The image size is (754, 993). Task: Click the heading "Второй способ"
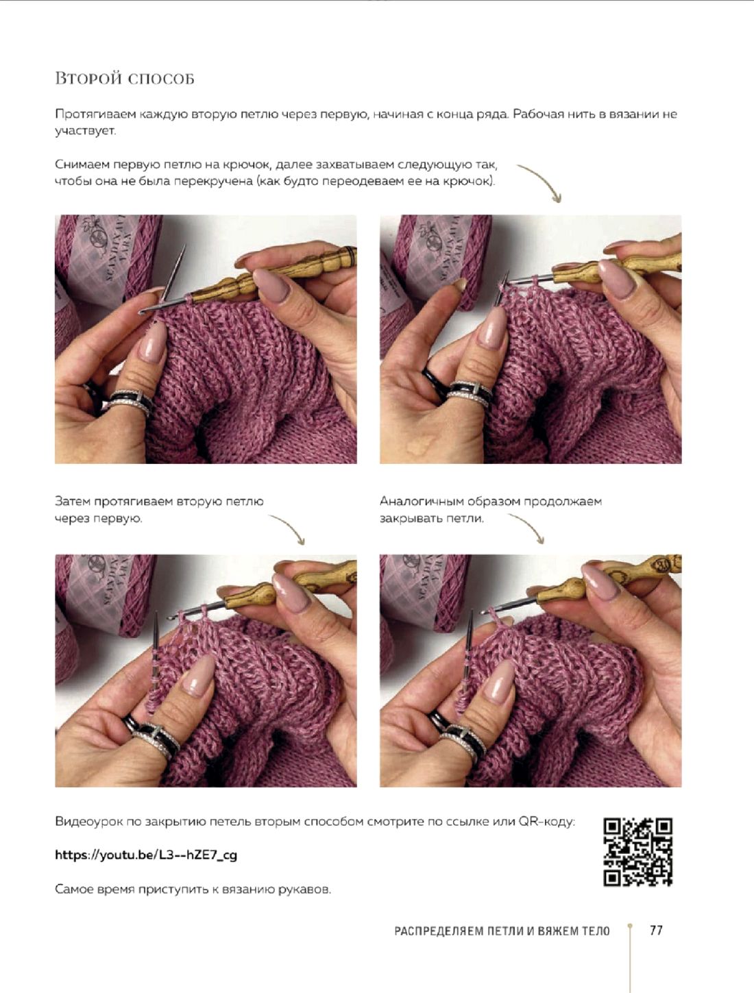pos(124,79)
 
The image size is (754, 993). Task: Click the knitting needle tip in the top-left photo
pos(184,247)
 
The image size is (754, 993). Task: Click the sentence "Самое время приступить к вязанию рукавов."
pos(193,890)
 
